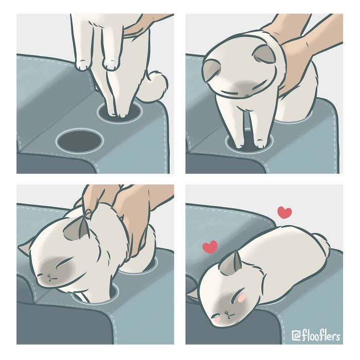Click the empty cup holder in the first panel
(x=80, y=139)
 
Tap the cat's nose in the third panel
(x=49, y=277)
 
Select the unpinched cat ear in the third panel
(x=24, y=250)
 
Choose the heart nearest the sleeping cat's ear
(x=209, y=247)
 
